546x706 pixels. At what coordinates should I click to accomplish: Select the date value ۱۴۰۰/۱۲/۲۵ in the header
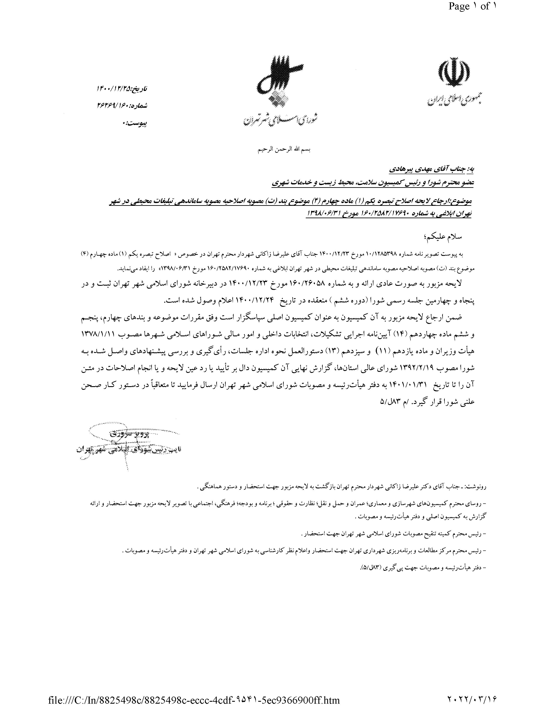pyautogui.click(x=115, y=88)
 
